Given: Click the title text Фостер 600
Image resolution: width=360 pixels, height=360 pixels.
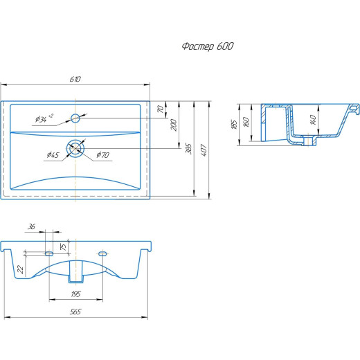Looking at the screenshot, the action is tap(208, 46).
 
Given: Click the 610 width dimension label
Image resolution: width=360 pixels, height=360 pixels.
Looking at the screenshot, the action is tap(75, 79).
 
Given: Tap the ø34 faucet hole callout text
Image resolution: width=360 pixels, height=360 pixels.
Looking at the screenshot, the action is tap(44, 118).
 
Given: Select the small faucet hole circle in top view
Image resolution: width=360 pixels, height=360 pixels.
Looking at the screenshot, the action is tap(75, 118).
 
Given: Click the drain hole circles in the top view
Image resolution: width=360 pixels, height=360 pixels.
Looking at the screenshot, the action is tap(75, 148).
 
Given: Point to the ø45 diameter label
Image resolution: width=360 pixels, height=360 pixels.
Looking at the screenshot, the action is tap(53, 154).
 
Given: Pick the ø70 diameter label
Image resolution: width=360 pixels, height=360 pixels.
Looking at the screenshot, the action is tap(103, 154).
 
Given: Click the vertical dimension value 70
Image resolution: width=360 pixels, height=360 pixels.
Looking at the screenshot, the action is tap(161, 109).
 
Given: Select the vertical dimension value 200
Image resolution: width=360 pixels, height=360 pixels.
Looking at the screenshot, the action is tap(174, 125).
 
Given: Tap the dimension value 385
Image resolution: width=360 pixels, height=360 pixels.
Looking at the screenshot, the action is tap(188, 149).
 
